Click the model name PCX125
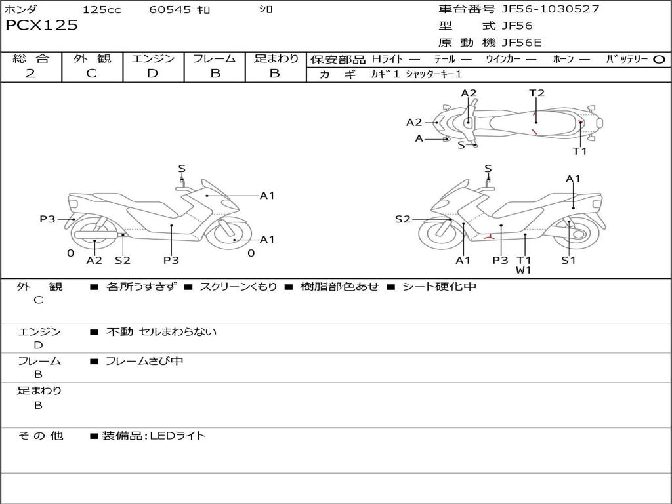click(41, 26)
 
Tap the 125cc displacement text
click(102, 10)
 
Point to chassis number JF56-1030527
click(541, 9)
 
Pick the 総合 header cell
click(31, 59)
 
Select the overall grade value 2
click(31, 73)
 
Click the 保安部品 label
click(337, 60)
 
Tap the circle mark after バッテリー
click(659, 60)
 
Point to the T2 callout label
click(537, 93)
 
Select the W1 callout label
click(523, 270)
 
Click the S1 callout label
click(568, 260)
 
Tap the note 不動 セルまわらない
click(161, 332)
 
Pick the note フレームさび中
click(144, 361)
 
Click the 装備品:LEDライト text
click(154, 436)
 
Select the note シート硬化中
click(439, 287)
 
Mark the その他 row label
click(41, 436)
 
